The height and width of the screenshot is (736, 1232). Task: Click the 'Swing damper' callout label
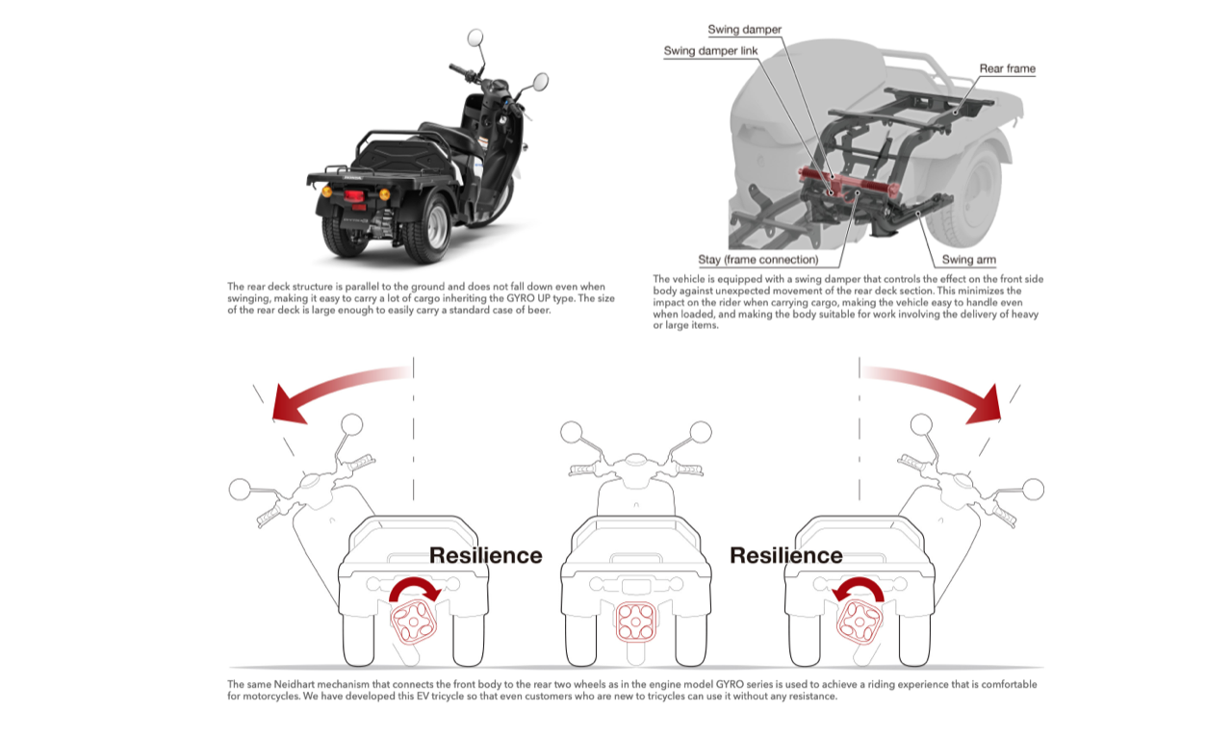coord(745,31)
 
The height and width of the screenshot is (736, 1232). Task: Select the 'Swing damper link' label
coord(710,51)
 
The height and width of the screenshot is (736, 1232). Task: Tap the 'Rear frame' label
coord(1007,68)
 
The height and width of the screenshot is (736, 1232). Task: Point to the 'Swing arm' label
coord(968,260)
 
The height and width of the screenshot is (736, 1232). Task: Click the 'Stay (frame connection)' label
coord(758,260)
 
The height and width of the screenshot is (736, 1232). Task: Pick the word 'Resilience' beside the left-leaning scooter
coord(485,555)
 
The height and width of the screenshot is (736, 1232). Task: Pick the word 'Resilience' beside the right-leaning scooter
coord(785,555)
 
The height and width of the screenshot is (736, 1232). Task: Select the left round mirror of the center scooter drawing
coord(571,433)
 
